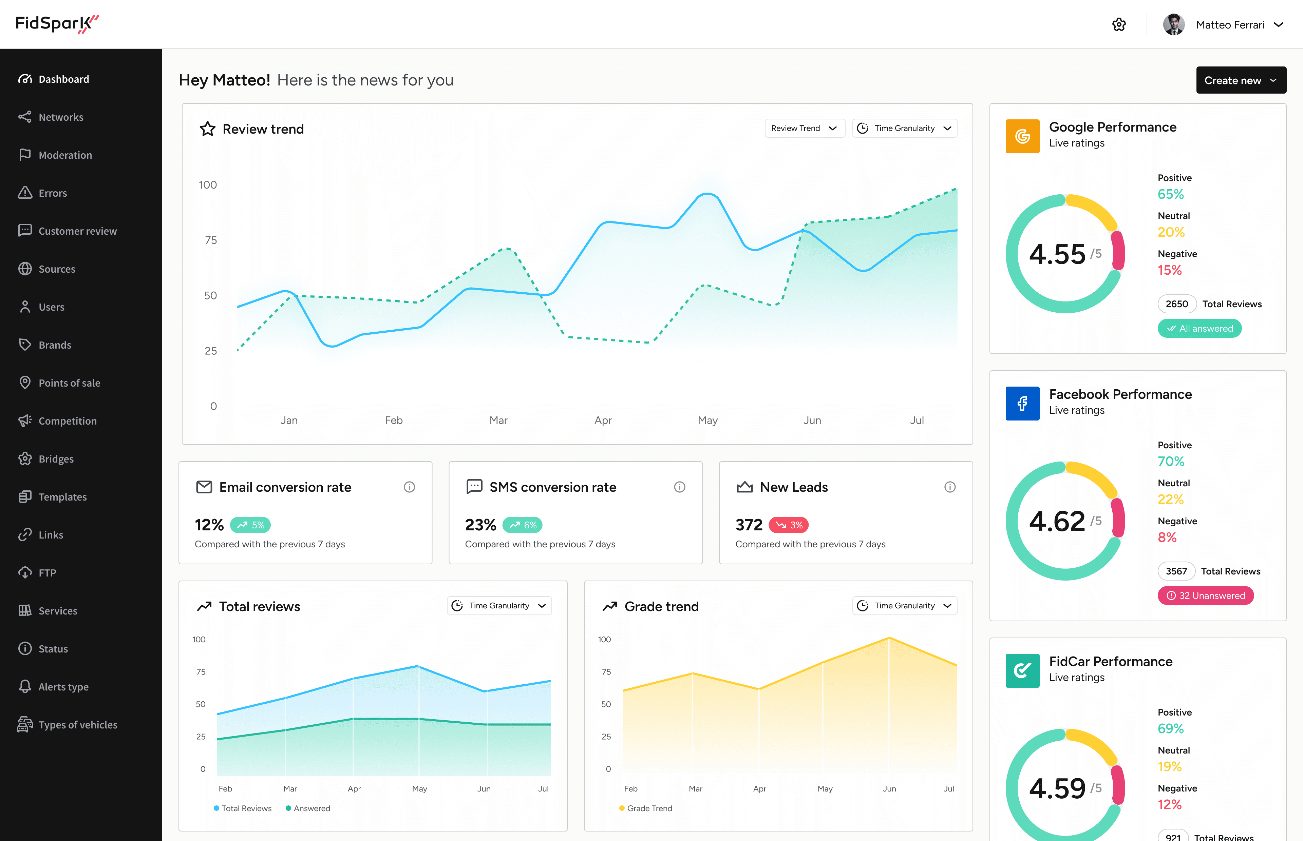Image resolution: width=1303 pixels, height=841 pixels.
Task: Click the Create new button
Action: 1240,80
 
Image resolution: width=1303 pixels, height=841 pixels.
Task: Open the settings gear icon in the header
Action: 1119,24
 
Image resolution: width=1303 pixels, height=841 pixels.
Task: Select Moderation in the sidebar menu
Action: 65,155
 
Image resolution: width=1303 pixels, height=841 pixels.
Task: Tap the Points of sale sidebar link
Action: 69,383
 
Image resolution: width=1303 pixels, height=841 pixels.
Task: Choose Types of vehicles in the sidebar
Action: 78,725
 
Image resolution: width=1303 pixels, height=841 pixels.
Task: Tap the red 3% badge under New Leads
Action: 788,525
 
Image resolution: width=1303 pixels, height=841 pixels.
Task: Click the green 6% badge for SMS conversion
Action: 522,525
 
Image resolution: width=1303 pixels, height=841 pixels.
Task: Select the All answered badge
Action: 1199,329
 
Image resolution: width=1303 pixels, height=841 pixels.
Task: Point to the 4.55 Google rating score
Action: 1057,254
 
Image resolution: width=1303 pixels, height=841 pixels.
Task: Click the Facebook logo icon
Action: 1022,404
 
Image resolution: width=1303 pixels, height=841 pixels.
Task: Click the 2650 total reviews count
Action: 1176,304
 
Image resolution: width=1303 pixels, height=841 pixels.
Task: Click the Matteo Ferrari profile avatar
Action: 1173,24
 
